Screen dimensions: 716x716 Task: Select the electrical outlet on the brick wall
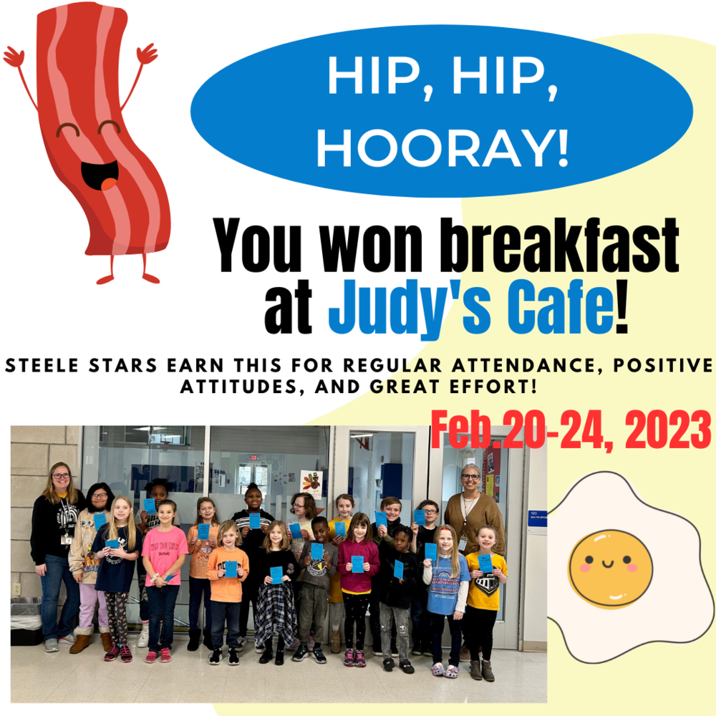16,588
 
